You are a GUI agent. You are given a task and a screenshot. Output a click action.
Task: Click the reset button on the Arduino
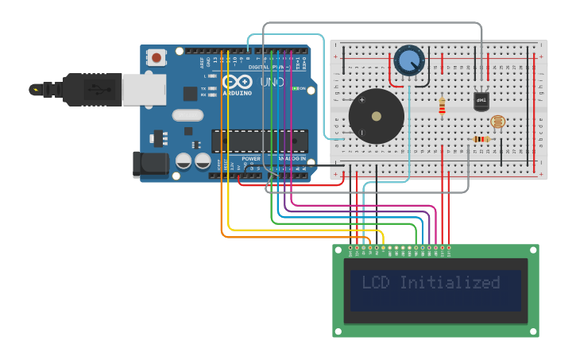click(157, 57)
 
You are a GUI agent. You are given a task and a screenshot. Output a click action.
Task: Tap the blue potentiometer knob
click(409, 61)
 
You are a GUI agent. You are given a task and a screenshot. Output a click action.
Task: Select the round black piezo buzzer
click(376, 116)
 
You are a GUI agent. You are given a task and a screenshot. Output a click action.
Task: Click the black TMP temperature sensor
click(481, 101)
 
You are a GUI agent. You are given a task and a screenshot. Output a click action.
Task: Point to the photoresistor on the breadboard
click(497, 122)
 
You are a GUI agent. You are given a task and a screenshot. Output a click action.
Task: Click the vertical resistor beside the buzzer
click(442, 104)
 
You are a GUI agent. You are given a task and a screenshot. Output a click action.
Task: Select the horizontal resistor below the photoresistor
click(481, 140)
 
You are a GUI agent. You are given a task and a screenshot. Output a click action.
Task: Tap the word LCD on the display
click(377, 283)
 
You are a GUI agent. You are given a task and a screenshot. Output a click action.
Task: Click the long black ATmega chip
click(259, 141)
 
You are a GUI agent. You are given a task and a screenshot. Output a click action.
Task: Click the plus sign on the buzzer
click(362, 100)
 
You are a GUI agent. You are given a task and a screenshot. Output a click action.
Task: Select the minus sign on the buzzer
click(362, 133)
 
